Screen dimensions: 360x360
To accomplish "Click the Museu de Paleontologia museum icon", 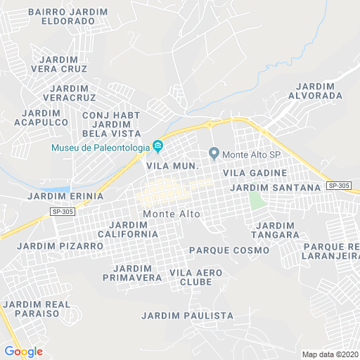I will [x=158, y=147].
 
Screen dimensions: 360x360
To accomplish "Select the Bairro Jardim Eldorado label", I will [x=69, y=16].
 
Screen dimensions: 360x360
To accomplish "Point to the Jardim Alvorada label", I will [x=315, y=90].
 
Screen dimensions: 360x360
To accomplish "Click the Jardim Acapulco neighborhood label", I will [x=41, y=117].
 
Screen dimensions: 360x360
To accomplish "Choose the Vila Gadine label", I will [x=255, y=172].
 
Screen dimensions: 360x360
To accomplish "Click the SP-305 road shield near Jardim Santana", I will [x=339, y=186].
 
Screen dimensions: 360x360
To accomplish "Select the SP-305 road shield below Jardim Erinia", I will [x=63, y=211].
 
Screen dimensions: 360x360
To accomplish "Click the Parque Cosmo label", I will [x=229, y=250].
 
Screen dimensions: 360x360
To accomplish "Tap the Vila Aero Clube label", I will [x=196, y=277].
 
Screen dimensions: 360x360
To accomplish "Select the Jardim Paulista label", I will [x=187, y=316].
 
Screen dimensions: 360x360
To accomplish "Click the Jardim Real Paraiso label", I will [x=37, y=308].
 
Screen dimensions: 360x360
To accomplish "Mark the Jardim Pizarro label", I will [x=60, y=246].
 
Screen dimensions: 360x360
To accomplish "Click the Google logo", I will [x=23, y=352].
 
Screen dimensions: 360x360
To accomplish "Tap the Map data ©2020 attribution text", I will [x=330, y=354].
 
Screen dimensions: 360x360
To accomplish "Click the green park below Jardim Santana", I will [x=255, y=200].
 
